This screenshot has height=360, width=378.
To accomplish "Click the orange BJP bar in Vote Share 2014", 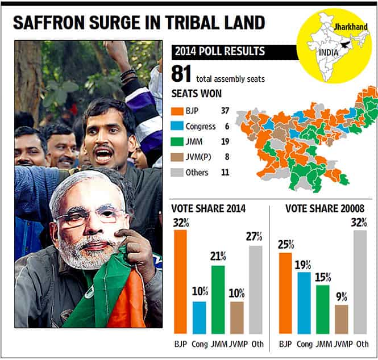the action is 180,282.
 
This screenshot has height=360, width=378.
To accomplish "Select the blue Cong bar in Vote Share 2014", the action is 200,317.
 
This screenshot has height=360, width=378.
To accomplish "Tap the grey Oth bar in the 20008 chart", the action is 360,282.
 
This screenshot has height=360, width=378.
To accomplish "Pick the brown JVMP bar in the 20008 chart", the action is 342,319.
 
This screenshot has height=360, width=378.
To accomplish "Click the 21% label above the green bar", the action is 218,257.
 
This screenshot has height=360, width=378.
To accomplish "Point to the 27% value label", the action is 254,237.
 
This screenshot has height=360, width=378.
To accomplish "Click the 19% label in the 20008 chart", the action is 303,265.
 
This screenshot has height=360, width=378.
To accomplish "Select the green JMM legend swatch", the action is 177,141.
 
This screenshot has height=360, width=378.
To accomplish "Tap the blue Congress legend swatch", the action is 177,126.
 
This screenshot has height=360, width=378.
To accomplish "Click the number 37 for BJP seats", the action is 225,111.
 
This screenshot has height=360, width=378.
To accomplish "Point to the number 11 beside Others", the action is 225,173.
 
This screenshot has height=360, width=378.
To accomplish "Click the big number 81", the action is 181,74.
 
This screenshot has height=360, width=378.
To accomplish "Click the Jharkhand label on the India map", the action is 351,27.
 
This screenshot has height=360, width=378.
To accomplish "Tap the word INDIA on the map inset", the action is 329,52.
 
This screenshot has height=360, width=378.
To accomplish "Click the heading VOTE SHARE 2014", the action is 208,208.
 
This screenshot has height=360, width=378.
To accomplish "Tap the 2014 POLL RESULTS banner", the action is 235,52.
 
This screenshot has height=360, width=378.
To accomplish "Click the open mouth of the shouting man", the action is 103,156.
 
